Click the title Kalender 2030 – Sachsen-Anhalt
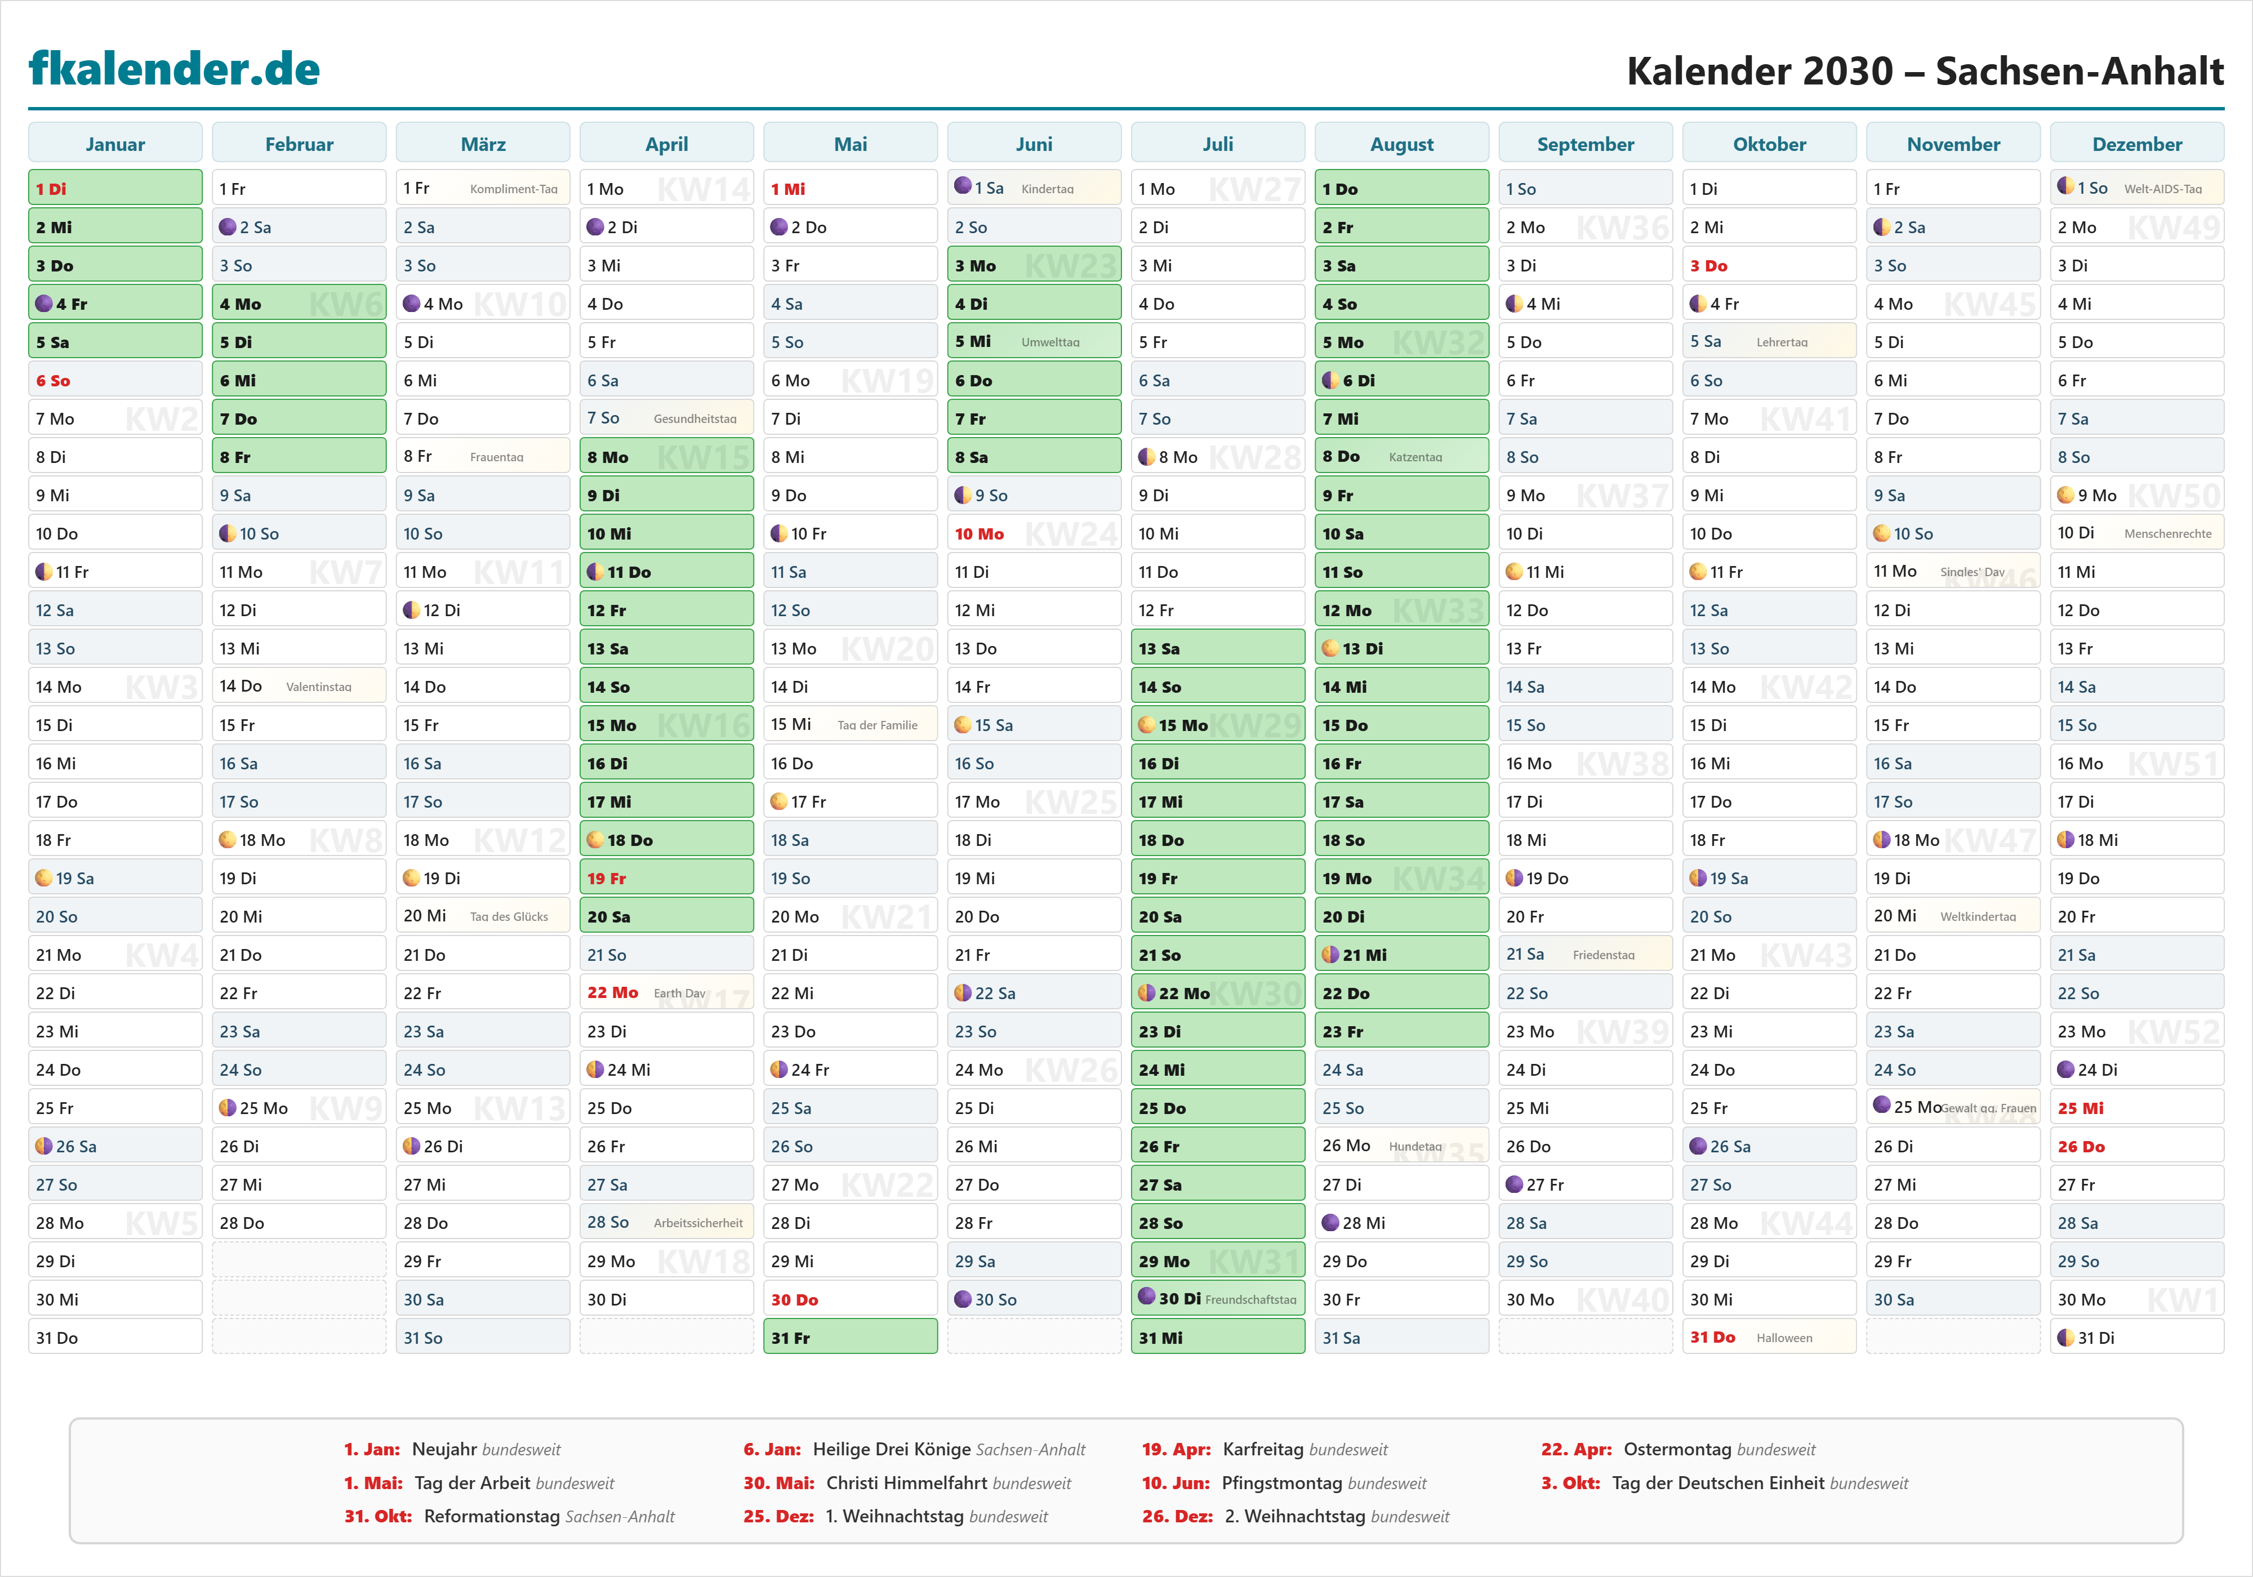click(x=1924, y=70)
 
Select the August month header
click(x=1401, y=144)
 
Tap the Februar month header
click(x=299, y=144)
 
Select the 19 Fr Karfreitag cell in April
click(x=666, y=878)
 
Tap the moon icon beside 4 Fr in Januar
click(x=44, y=303)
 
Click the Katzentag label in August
click(x=1415, y=457)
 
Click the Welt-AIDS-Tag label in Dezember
click(x=2163, y=189)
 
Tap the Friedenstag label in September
click(x=1604, y=955)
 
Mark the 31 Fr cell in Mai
click(x=850, y=1338)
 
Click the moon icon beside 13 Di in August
click(x=1330, y=648)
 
